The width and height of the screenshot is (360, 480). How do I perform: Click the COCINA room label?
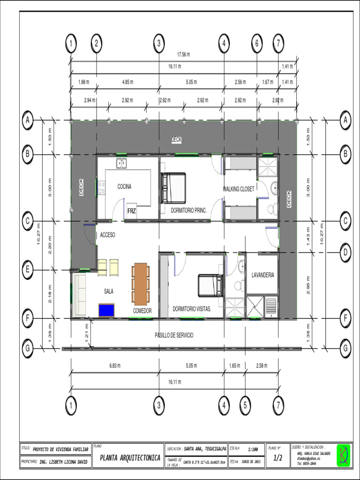click(x=124, y=187)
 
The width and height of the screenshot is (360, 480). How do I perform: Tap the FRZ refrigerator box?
click(x=131, y=211)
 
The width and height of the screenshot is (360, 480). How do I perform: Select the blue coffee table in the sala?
click(x=107, y=310)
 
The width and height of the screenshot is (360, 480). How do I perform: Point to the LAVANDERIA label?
click(x=262, y=275)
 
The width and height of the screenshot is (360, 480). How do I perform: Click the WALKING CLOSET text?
click(x=239, y=189)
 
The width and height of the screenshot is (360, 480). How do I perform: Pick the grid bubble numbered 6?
click(x=257, y=44)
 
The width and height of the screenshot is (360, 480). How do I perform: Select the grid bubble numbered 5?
click(x=245, y=405)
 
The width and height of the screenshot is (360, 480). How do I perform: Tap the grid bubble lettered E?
click(x=28, y=270)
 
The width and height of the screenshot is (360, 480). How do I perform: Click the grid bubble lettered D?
click(x=345, y=253)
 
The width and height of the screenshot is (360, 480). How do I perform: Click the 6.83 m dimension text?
click(x=115, y=366)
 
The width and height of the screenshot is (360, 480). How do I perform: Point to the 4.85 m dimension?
click(x=127, y=82)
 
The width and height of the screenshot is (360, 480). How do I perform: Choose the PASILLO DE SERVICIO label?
click(x=174, y=335)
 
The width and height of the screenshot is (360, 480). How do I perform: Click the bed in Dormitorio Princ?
click(x=173, y=188)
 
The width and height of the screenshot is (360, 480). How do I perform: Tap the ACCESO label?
click(x=107, y=235)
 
